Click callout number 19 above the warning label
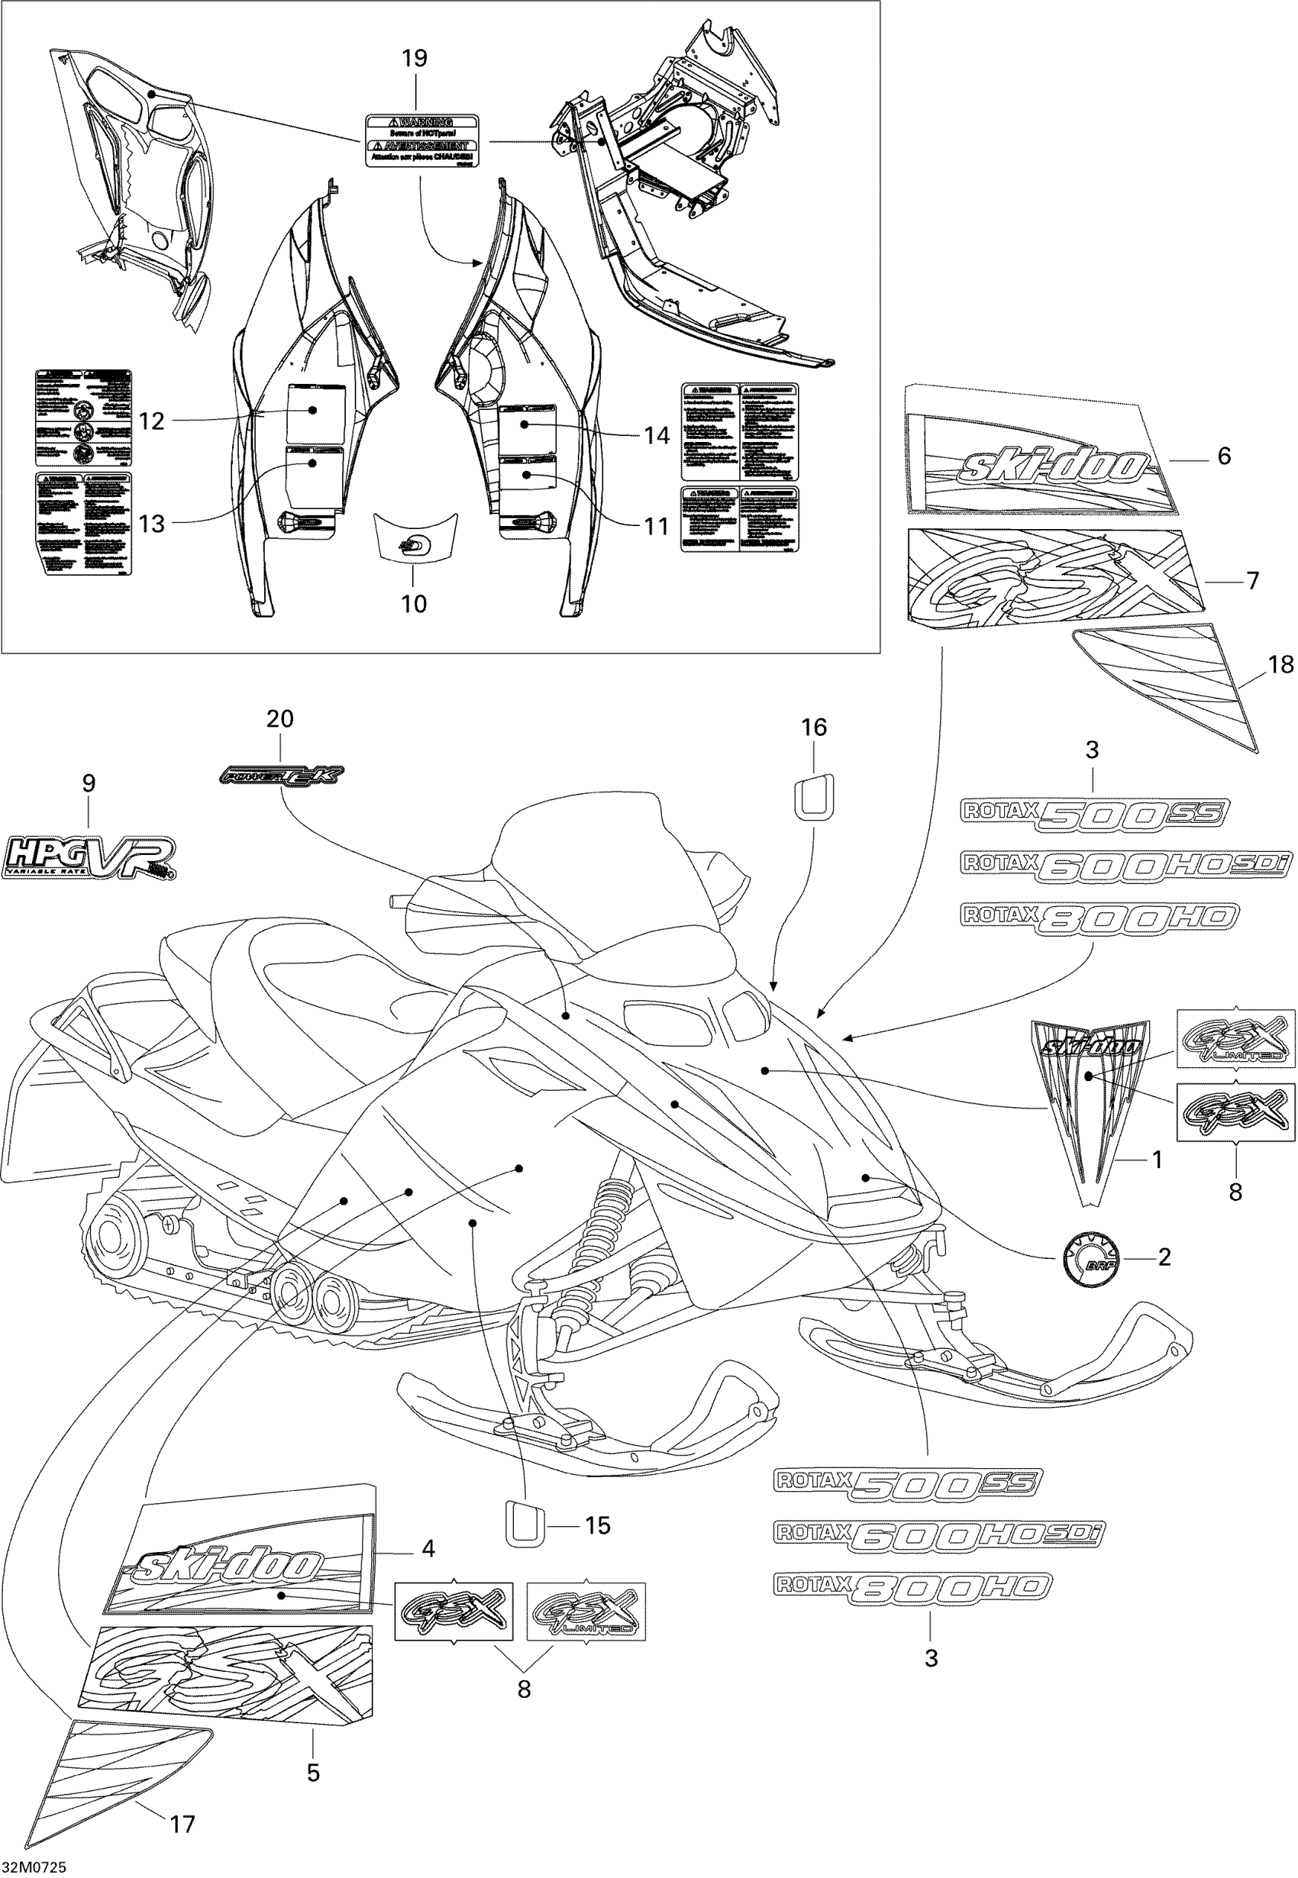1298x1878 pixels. [414, 59]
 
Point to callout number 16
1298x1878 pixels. [814, 728]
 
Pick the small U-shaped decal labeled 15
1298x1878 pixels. [527, 1524]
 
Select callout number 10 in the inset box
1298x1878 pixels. [414, 603]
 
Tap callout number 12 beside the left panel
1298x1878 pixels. [152, 421]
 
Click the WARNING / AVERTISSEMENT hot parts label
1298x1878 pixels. [421, 140]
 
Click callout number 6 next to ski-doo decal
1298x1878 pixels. [1224, 456]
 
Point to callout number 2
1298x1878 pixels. [1164, 1257]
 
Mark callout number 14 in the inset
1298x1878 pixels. [657, 436]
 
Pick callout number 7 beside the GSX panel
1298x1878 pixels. [1252, 580]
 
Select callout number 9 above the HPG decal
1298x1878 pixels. [89, 783]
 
